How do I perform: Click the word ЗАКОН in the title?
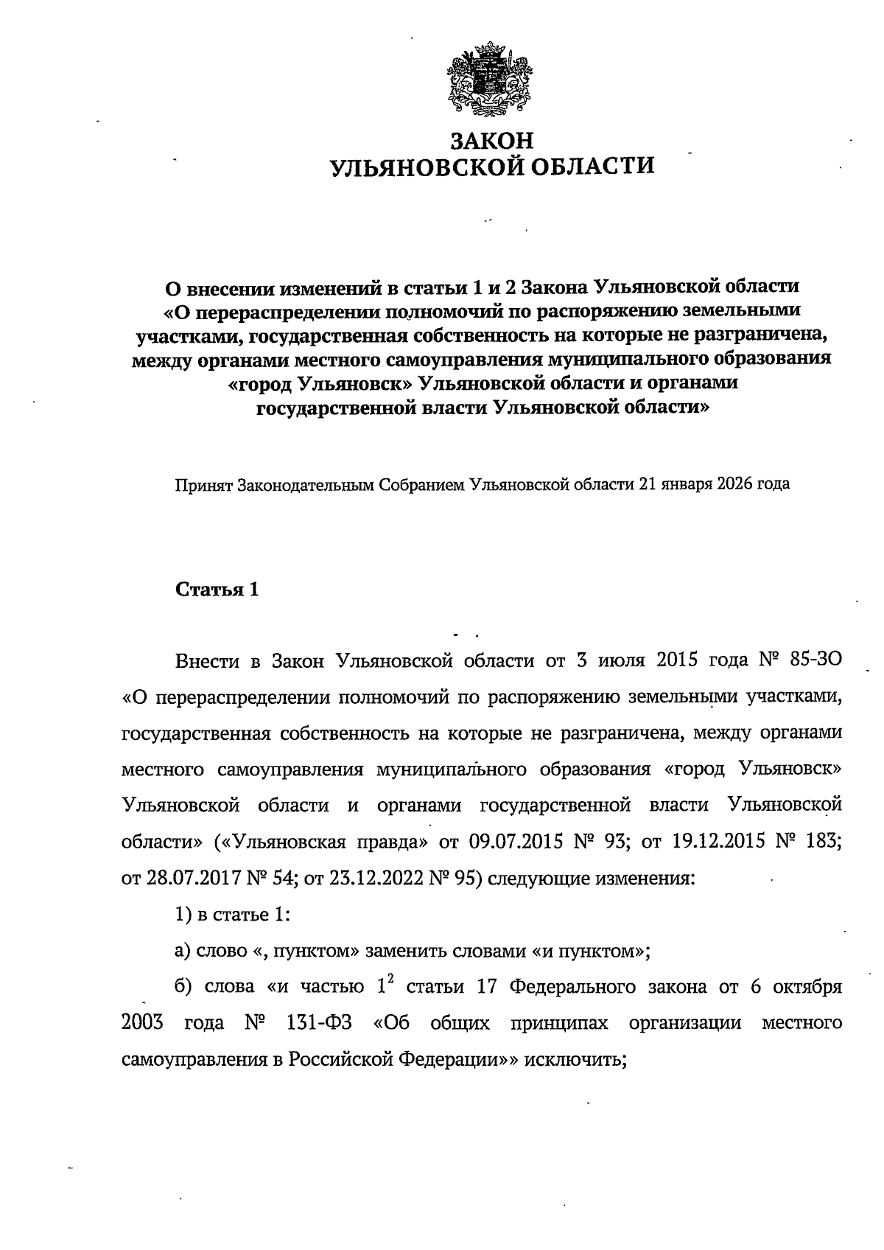pyautogui.click(x=492, y=140)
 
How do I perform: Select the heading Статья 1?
pyautogui.click(x=217, y=590)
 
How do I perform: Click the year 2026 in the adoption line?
pyautogui.click(x=737, y=484)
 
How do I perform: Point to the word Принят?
pyautogui.click(x=200, y=484)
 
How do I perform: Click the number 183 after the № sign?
pyautogui.click(x=826, y=842)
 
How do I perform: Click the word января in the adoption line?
pyautogui.click(x=689, y=484)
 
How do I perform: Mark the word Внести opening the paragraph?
pyautogui.click(x=208, y=660)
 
